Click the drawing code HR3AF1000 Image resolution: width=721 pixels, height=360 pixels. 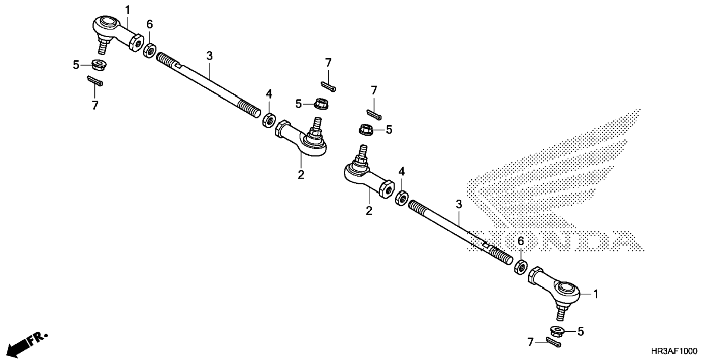click(674, 351)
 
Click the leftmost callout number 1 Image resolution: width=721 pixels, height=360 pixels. click(128, 10)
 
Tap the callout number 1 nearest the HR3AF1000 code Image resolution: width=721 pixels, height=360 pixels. click(595, 294)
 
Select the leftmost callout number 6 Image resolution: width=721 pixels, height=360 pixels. click(149, 25)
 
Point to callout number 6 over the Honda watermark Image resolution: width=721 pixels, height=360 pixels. click(521, 241)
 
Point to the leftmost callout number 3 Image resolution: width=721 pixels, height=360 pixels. click(210, 56)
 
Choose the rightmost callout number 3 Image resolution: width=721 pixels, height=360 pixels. click(459, 204)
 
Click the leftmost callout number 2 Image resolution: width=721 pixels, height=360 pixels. click(301, 174)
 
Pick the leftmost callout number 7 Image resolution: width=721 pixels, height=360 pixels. click(95, 105)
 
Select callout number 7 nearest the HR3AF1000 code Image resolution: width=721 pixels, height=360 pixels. click(531, 342)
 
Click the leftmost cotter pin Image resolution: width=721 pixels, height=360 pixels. click(95, 80)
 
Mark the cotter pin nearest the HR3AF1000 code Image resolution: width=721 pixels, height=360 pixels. click(553, 342)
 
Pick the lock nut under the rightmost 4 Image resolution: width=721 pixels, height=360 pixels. click(402, 198)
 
